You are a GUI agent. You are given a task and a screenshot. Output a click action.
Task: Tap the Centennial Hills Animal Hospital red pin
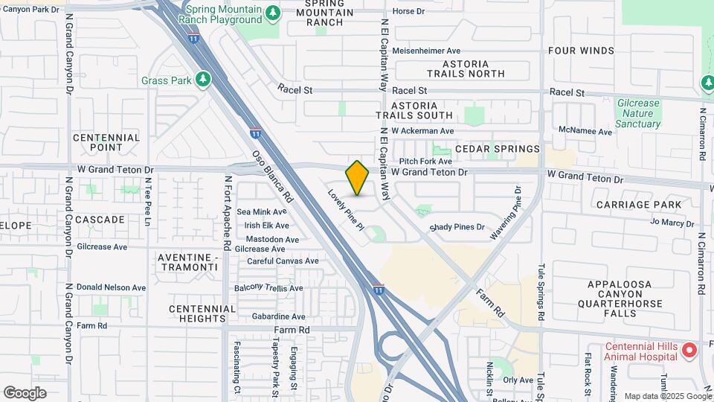click(x=689, y=349)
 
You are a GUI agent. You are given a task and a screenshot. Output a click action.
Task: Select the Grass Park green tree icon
click(x=203, y=79)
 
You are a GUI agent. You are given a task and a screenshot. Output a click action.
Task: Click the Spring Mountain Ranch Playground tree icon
click(x=273, y=13)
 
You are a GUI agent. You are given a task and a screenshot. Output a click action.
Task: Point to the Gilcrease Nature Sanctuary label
click(x=637, y=114)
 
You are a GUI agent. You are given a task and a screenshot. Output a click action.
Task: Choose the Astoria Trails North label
click(x=466, y=68)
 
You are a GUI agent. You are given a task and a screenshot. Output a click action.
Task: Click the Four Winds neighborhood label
click(x=581, y=51)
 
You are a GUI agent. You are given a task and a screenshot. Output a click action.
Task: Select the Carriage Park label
click(x=638, y=204)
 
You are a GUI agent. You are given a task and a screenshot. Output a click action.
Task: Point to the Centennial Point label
click(x=106, y=142)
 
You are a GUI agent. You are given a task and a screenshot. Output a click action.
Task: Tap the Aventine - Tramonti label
click(x=188, y=262)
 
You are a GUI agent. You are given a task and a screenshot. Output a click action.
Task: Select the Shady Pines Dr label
click(x=457, y=227)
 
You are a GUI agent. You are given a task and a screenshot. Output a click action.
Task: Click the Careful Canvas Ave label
click(x=283, y=261)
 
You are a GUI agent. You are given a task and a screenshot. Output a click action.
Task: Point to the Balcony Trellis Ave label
click(x=268, y=287)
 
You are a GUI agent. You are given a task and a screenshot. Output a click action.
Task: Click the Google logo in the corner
click(x=25, y=393)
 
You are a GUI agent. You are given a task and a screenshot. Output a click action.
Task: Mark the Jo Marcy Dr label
click(x=672, y=222)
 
